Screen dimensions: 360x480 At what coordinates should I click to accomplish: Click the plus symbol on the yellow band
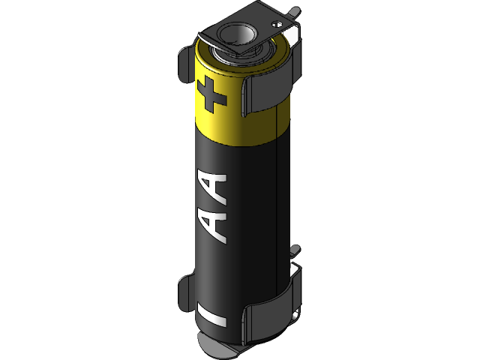211,94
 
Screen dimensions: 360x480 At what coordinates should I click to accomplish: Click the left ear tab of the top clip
185,65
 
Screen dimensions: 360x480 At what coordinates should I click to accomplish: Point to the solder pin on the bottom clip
295,250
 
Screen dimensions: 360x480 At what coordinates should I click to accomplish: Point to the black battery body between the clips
240,210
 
